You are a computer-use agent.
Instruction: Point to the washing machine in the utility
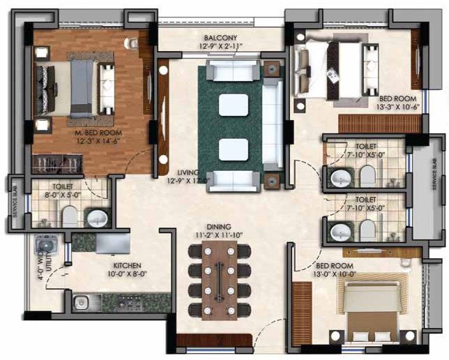coord(48,248)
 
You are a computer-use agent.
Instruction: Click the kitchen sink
coord(81,302)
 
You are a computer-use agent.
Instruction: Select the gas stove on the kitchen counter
coord(129,303)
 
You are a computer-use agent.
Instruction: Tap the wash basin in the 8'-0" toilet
coord(97,218)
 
